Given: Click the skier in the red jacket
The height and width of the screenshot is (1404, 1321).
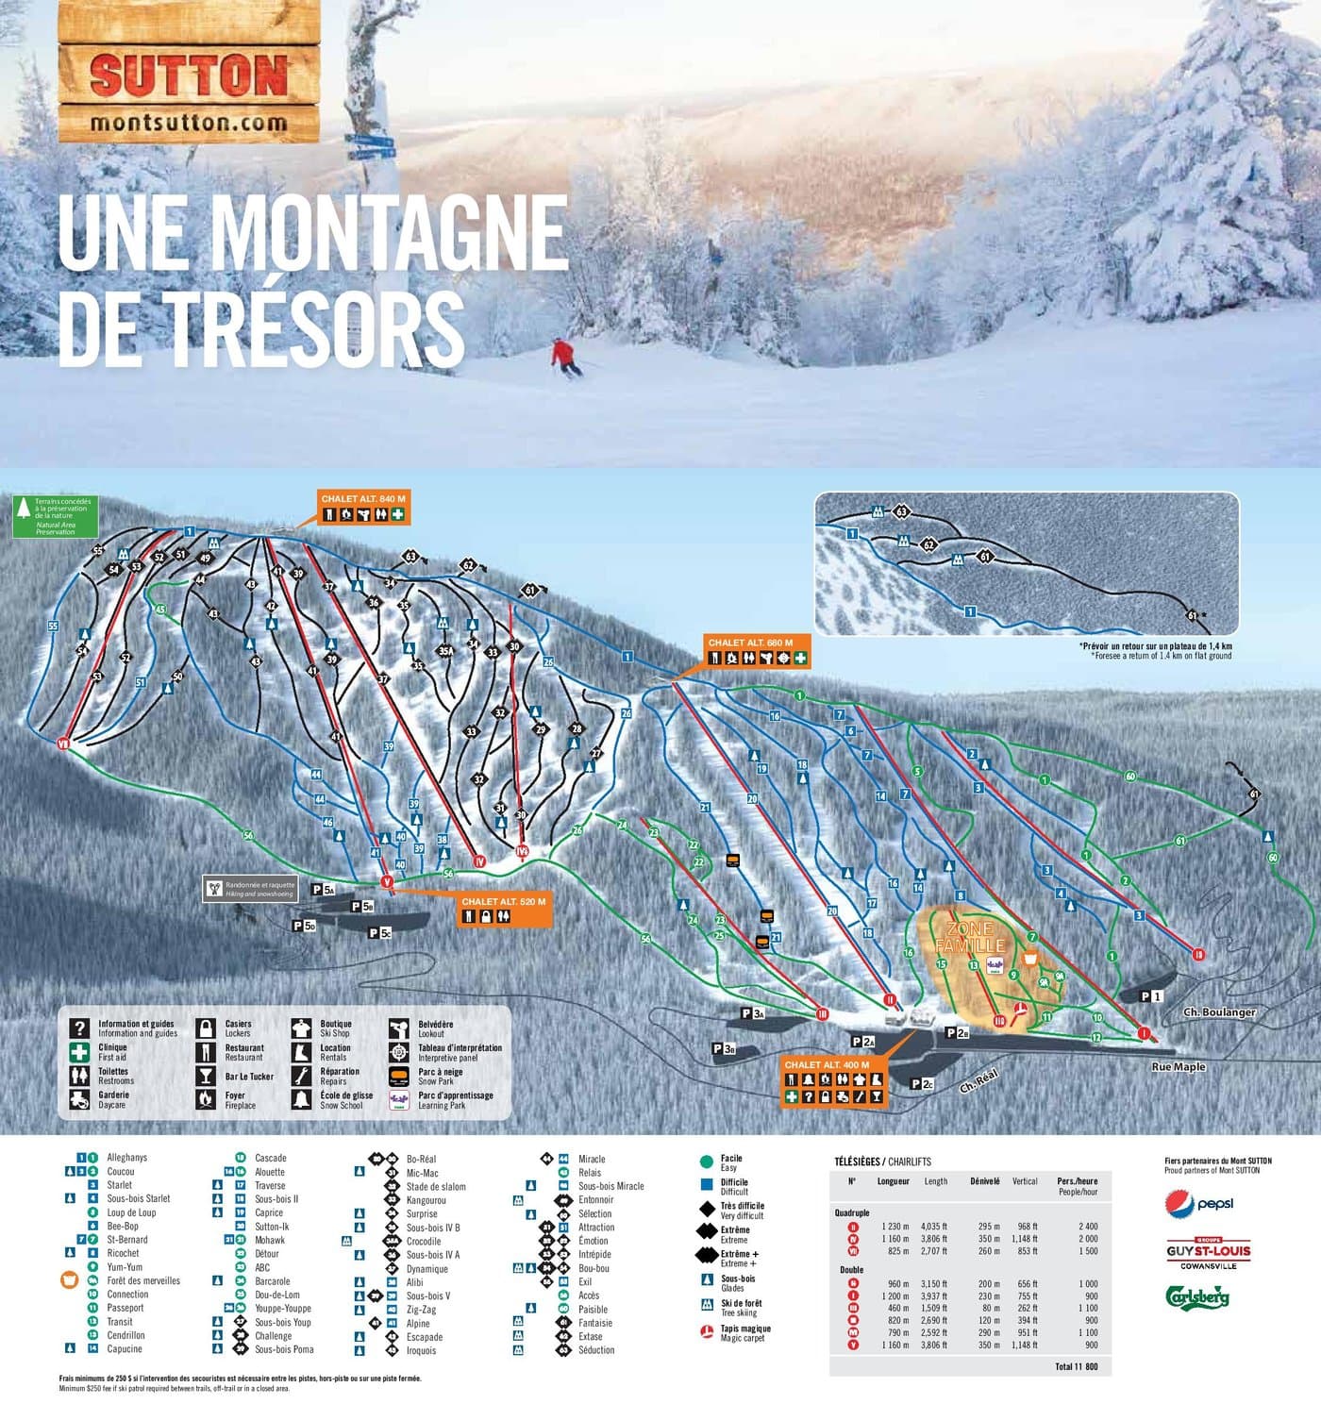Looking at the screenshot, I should tap(564, 357).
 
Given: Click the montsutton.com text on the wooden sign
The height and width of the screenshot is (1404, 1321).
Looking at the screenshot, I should tap(189, 123).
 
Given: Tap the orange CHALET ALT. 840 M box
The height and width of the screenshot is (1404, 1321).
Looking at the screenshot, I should tap(363, 508).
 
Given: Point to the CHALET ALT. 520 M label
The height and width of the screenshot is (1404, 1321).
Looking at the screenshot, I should tap(503, 909).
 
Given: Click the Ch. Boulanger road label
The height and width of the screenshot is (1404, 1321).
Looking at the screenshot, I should tap(1219, 1011).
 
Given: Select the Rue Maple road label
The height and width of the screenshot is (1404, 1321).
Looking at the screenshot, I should tap(1178, 1066).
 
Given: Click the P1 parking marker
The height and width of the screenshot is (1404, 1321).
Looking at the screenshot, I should tap(1150, 995).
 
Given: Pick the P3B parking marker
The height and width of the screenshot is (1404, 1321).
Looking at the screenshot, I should tap(724, 1048).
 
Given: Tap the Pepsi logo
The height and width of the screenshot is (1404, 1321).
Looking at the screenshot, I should tap(1199, 1203).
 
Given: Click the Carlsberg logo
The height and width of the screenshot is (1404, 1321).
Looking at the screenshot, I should tap(1197, 1296).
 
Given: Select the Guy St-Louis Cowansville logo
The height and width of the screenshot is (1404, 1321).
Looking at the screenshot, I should tap(1208, 1252).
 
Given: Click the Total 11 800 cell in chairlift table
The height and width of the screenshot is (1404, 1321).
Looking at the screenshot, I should tap(1076, 1365).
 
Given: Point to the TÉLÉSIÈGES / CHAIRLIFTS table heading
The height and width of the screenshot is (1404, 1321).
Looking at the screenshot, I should tap(882, 1161).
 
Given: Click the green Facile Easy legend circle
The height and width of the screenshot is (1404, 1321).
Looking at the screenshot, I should tap(706, 1162).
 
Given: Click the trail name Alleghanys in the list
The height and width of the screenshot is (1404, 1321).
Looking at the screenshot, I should tap(126, 1157).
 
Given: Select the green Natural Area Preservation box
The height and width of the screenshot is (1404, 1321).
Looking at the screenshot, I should tap(55, 516).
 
